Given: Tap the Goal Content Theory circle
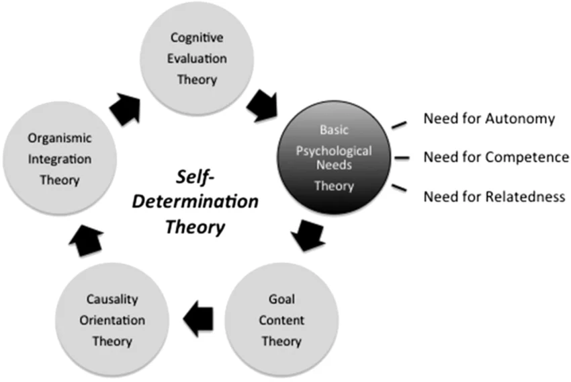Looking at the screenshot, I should pos(281,319).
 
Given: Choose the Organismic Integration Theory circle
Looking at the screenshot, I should pos(60,159).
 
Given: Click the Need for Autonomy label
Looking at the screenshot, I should pos(489,119).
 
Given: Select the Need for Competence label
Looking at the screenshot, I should pos(496,157).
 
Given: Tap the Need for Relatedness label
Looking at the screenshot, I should pos(494,197).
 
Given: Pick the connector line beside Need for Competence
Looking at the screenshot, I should pos(401,158).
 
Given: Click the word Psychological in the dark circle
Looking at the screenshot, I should pos(335,150).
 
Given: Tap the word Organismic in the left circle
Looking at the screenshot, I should pos(60,138).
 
